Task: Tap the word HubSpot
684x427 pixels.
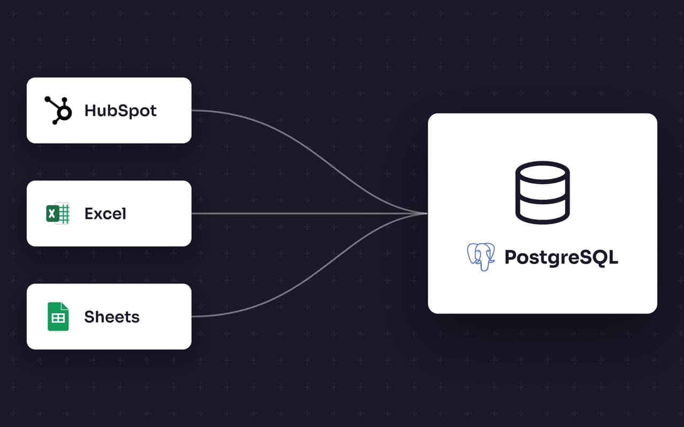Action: click(x=120, y=110)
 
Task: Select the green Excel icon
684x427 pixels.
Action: click(x=58, y=213)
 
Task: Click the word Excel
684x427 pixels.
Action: click(x=105, y=213)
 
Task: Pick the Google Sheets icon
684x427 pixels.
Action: click(x=58, y=317)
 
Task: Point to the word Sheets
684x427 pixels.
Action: click(x=112, y=317)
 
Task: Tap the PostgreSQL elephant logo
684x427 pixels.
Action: click(x=481, y=257)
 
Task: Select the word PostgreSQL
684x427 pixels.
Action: click(x=561, y=257)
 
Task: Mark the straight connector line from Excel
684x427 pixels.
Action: click(x=309, y=213)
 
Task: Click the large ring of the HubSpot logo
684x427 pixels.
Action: click(x=64, y=112)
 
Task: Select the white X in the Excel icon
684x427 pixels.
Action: click(x=52, y=213)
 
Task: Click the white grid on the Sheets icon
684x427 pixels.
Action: click(x=58, y=319)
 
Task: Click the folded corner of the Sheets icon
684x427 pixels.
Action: click(x=65, y=306)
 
